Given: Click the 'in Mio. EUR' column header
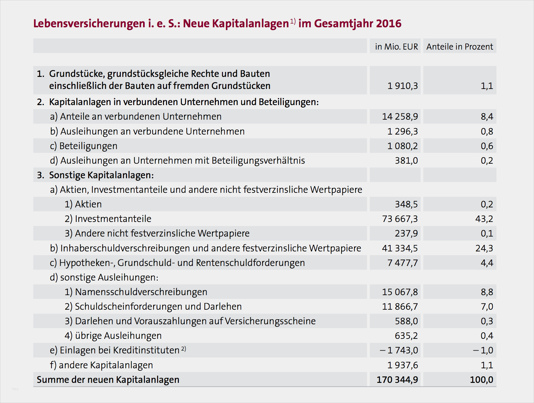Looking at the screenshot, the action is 396,46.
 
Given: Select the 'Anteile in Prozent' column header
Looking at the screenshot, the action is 459,46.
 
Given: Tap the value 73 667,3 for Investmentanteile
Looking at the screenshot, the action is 400,219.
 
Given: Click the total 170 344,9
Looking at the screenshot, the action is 397,380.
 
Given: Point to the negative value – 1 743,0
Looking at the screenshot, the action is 399,350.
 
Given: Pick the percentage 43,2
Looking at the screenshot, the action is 484,219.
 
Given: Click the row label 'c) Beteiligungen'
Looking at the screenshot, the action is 84,146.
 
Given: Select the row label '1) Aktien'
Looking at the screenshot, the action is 83,204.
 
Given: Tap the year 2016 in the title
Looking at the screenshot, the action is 388,24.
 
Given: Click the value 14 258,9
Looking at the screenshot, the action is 400,117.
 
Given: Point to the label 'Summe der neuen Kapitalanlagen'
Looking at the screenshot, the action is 108,380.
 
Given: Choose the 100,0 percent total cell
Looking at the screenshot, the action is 482,380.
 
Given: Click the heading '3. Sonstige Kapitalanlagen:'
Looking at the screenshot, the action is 95,175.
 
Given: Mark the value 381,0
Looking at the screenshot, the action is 406,161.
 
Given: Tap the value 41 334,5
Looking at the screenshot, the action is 400,248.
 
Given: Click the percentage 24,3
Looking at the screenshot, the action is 484,248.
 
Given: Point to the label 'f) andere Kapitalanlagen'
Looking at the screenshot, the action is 101,365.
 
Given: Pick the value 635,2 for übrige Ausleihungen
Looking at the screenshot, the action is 406,336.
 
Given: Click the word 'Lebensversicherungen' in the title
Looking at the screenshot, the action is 89,24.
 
